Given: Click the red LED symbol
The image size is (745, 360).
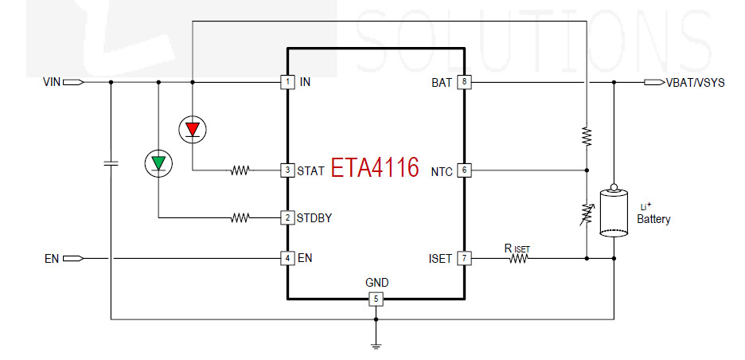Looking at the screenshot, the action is click(193, 129).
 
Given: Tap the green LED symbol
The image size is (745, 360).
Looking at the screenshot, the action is click(158, 163).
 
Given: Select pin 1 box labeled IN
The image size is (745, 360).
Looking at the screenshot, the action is click(287, 82).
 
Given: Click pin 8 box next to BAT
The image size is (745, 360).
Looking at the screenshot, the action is click(464, 82).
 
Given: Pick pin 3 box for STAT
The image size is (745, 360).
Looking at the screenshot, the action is click(287, 170).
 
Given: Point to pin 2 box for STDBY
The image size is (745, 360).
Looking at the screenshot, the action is click(287, 217).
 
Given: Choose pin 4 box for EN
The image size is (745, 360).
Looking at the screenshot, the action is click(287, 258).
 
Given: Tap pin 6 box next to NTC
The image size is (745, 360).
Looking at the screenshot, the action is click(464, 170).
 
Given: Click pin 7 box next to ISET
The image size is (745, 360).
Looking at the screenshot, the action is click(464, 258).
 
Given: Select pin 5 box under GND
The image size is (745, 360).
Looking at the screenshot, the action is click(376, 299).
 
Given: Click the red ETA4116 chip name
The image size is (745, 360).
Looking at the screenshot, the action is click(375, 167).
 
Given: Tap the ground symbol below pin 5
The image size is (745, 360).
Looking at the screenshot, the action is click(376, 346).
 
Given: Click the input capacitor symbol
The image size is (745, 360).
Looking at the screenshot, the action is click(111, 163).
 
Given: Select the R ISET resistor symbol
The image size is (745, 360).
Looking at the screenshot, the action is click(519, 258).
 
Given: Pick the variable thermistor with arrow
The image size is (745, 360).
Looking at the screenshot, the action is click(587, 213).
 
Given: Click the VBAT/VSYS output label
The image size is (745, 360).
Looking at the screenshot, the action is click(696, 82).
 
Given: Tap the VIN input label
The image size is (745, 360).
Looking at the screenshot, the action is click(52, 82).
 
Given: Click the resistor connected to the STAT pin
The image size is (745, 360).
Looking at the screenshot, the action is click(240, 170).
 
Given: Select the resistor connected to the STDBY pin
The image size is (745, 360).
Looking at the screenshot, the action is click(240, 217).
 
